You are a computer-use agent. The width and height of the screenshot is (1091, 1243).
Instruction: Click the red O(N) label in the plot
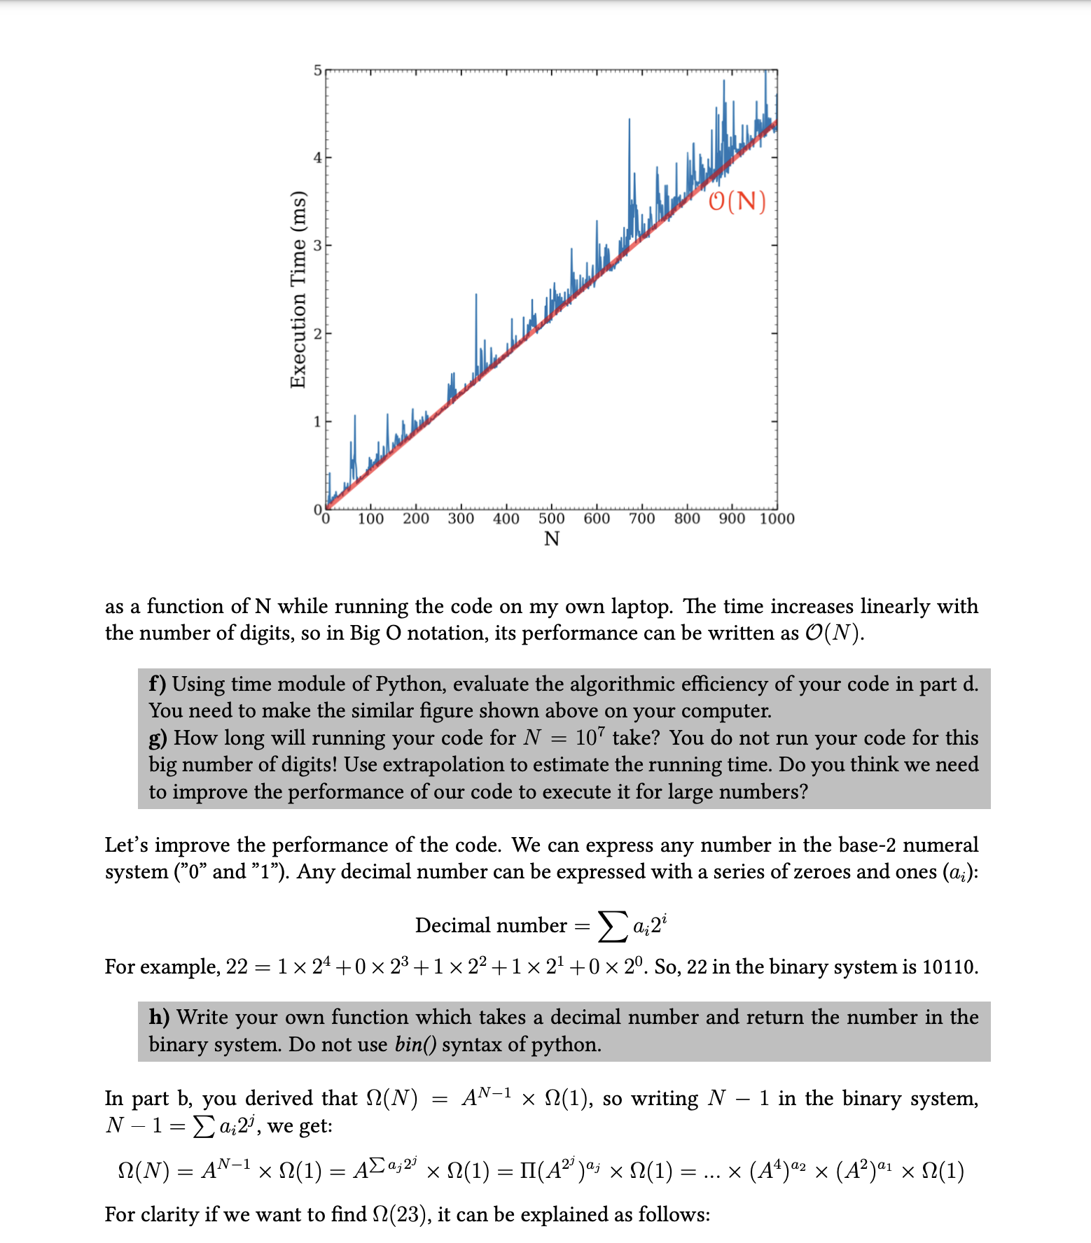(737, 201)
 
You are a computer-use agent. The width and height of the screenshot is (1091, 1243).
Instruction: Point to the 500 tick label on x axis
(551, 519)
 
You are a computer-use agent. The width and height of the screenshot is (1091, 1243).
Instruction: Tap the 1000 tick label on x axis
(777, 519)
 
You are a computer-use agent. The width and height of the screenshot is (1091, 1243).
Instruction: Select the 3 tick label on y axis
(317, 246)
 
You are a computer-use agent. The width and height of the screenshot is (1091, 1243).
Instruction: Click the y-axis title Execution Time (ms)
(298, 289)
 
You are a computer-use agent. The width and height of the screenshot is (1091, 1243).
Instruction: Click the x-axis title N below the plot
(551, 539)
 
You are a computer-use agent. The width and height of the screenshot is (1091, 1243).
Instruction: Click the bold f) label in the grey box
(158, 684)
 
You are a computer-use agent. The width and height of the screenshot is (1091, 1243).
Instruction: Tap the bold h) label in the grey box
(159, 1017)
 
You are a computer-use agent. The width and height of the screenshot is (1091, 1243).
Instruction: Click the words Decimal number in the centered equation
(490, 926)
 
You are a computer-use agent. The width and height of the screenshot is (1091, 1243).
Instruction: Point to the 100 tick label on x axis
(370, 519)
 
